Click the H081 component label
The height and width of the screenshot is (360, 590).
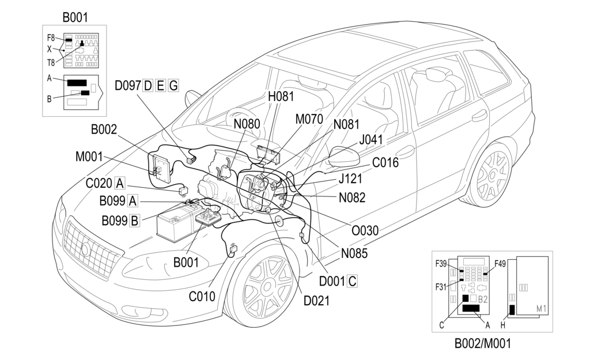(x=281, y=96)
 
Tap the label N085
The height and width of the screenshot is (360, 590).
(x=355, y=252)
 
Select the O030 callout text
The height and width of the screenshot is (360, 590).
(x=365, y=230)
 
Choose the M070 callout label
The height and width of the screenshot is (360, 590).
(x=309, y=119)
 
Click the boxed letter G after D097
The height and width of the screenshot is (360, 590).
(x=173, y=86)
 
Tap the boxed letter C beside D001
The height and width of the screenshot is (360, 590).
(x=352, y=281)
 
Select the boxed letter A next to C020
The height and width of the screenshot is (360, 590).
(x=120, y=184)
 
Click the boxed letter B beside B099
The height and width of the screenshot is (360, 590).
(x=134, y=220)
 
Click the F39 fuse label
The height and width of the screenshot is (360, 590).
(x=441, y=264)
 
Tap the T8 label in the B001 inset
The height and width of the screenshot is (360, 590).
(x=51, y=62)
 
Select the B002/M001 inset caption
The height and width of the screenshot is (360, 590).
(x=482, y=344)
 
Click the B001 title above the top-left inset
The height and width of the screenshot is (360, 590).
(x=75, y=17)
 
